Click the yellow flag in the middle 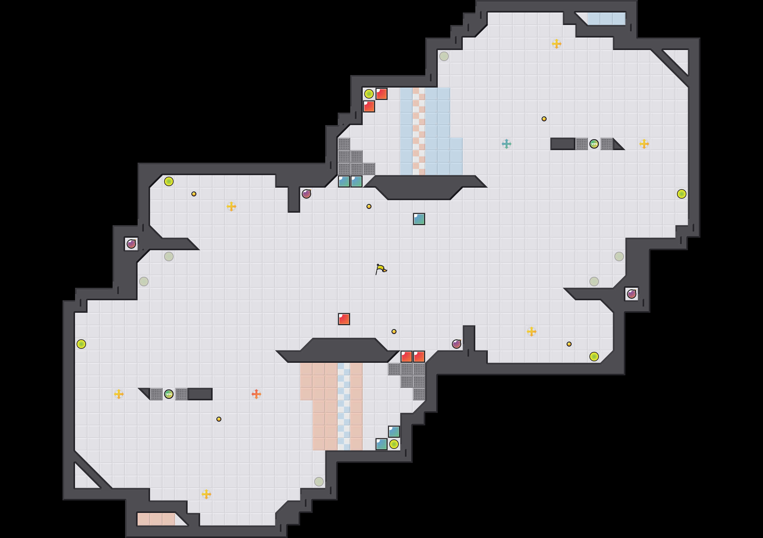pyautogui.click(x=381, y=269)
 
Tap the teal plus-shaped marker pyautogui.click(x=506, y=144)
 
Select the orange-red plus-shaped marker pyautogui.click(x=256, y=394)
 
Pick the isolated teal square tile pyautogui.click(x=419, y=219)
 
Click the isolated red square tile pyautogui.click(x=344, y=319)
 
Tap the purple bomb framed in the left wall pyautogui.click(x=131, y=244)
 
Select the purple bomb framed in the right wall pyautogui.click(x=631, y=294)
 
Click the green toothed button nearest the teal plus pyautogui.click(x=594, y=144)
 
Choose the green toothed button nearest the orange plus pyautogui.click(x=169, y=394)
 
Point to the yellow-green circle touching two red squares pyautogui.click(x=369, y=94)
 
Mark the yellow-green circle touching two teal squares pyautogui.click(x=394, y=444)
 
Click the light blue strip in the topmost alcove pyautogui.click(x=606, y=19)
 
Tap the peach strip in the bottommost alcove pyautogui.click(x=156, y=519)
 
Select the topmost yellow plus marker pyautogui.click(x=556, y=43)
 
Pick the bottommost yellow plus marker pyautogui.click(x=206, y=494)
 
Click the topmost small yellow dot pyautogui.click(x=544, y=119)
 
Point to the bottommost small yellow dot pyautogui.click(x=219, y=419)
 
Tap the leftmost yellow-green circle pyautogui.click(x=81, y=344)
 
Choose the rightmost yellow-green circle pyautogui.click(x=682, y=194)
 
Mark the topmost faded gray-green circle pyautogui.click(x=444, y=56)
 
